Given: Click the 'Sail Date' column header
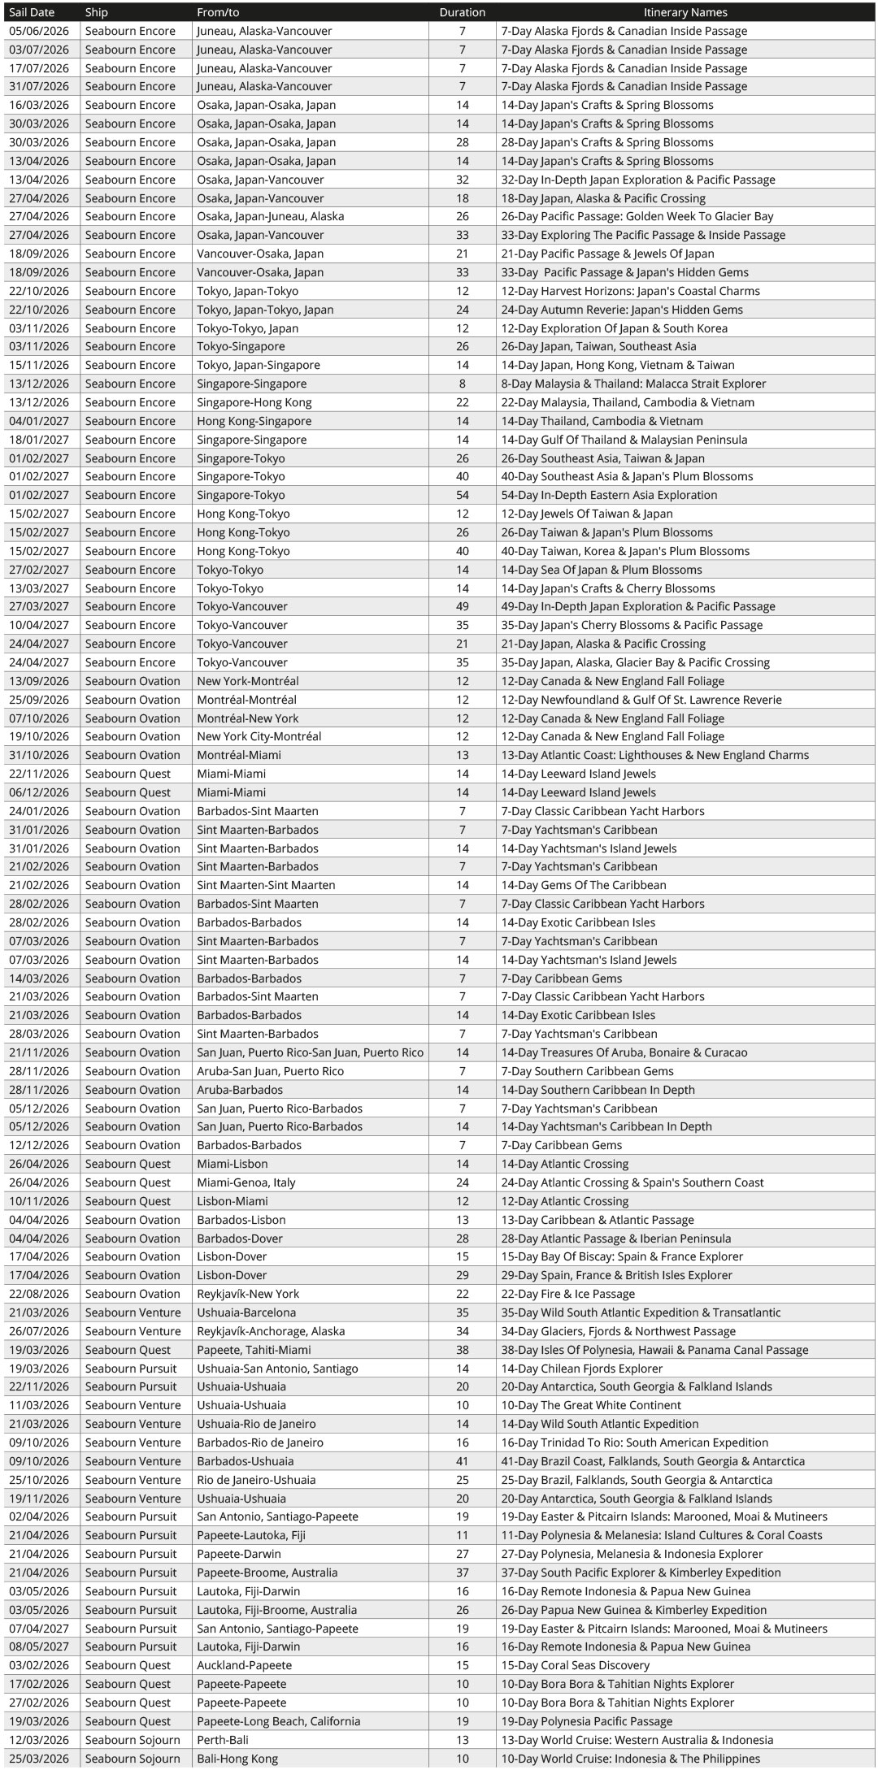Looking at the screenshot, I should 31,12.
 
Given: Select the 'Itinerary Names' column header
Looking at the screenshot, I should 685,12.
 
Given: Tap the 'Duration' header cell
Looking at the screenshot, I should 462,12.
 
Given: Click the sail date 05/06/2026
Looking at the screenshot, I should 39,31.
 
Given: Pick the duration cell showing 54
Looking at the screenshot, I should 462,495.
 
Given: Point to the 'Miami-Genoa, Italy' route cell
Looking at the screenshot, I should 246,1182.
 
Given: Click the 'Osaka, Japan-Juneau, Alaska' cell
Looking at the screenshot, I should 270,216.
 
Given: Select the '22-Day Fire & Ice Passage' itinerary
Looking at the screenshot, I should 567,1294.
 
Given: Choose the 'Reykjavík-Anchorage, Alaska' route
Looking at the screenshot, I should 271,1331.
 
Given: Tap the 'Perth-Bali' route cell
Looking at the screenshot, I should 223,1740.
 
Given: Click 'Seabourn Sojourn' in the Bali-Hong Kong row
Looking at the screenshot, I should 133,1759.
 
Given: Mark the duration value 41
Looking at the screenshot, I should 462,1461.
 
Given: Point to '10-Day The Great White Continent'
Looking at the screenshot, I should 591,1405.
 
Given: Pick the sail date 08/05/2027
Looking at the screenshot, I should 39,1646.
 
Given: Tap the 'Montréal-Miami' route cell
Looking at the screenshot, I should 239,755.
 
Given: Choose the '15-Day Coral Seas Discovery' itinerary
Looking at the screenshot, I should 575,1665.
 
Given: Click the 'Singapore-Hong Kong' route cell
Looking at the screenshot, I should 254,402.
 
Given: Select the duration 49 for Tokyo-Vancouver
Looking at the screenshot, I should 462,606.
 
